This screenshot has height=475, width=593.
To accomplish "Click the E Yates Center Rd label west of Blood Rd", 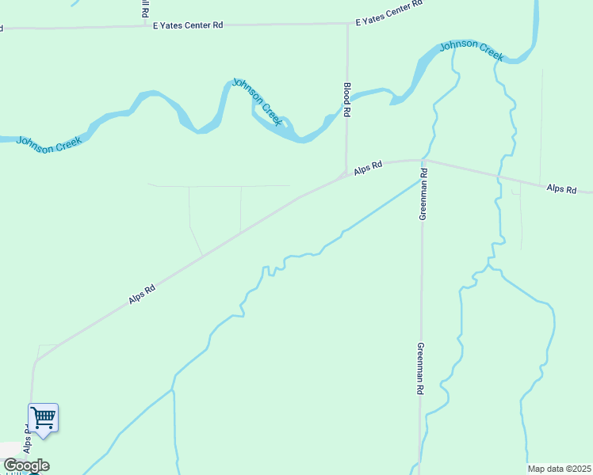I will pos(188,25).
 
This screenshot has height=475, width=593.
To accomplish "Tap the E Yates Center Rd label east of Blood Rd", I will pos(389,14).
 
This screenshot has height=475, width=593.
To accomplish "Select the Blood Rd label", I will pos(346,101).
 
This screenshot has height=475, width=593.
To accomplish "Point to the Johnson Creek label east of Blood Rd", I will pos(472,49).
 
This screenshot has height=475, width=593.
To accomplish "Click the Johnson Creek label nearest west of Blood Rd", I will pos(257,101).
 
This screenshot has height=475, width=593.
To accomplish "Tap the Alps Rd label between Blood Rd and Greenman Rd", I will pos(369,168).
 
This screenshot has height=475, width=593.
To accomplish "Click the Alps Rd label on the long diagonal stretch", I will pos(142,295).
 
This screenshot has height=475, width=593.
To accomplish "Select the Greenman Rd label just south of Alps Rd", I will pos(423,194).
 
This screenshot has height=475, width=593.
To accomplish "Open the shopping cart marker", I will pos(44,416).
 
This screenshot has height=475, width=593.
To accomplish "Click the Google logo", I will pos(26,465).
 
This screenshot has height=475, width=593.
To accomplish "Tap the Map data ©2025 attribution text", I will pos(559,469).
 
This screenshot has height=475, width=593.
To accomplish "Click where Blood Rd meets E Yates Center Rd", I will pos(347,24).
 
